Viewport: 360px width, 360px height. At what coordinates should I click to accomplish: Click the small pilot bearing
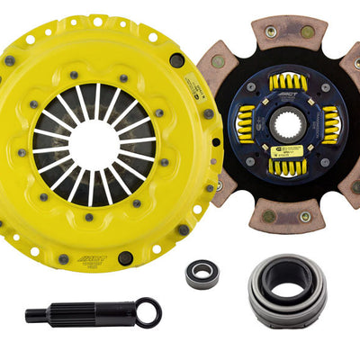point(202,274)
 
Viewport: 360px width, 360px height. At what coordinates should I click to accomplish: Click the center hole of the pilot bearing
point(202,274)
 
